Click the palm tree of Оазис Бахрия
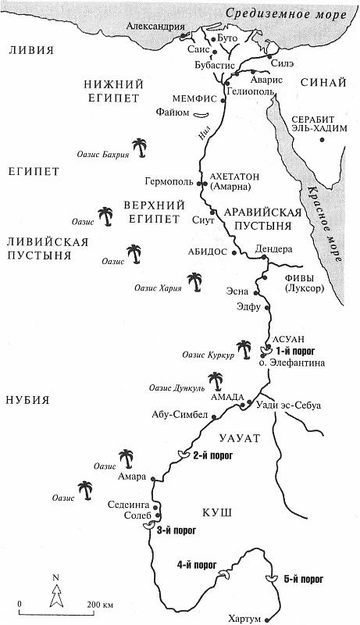[x=140, y=147]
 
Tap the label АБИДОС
[x=205, y=252]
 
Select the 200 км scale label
[x=100, y=605]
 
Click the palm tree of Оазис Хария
[x=194, y=280]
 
